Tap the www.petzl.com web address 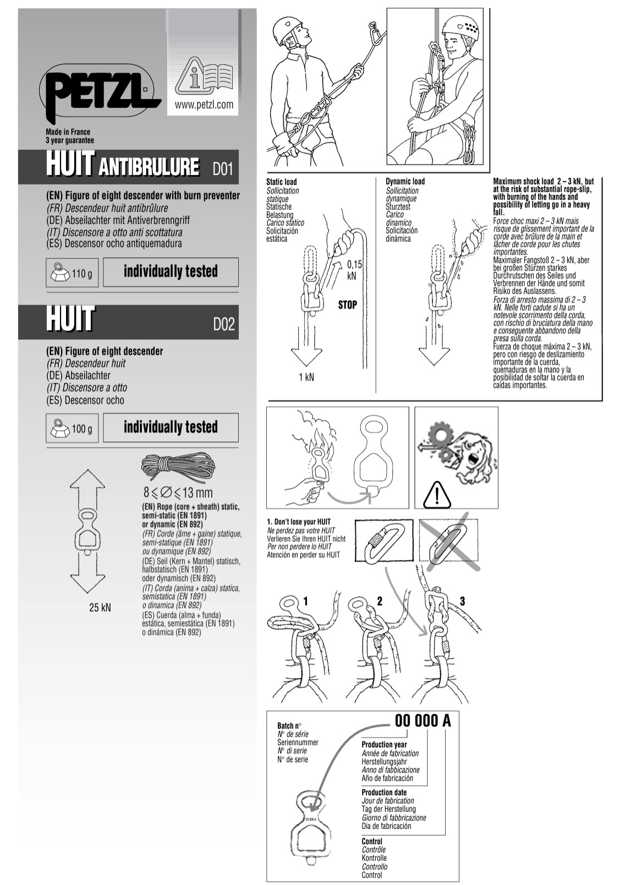tap(204, 105)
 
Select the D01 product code tap(223, 170)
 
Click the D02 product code tap(224, 324)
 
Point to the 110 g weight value tap(82, 273)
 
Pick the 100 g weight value tap(82, 428)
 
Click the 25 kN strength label tap(100, 607)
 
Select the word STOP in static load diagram tap(348, 305)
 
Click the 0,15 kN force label tap(354, 270)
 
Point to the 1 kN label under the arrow tap(306, 377)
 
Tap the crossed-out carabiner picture tap(449, 542)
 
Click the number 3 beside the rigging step tap(462, 601)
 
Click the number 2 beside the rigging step tap(380, 601)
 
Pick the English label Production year tap(384, 745)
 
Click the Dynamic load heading tap(405, 181)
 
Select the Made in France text tap(68, 132)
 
